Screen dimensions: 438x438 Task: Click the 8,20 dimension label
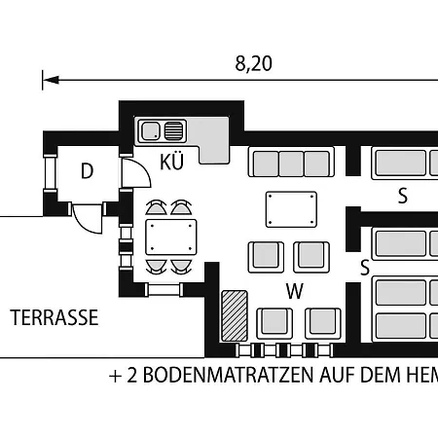253,63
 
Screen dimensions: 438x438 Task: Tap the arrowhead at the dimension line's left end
51,80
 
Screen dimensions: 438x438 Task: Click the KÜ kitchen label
171,162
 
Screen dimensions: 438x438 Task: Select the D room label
87,171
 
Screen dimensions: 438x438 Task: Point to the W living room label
295,291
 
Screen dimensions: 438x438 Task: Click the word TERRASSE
55,317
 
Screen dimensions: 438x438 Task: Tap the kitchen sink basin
150,131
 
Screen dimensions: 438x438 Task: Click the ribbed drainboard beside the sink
174,131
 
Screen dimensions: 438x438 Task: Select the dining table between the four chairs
171,237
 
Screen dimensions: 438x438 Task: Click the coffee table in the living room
291,209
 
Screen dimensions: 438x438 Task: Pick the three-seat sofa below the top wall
291,163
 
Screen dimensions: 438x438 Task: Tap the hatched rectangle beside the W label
235,315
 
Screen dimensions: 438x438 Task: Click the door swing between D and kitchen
136,173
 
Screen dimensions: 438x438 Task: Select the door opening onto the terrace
88,219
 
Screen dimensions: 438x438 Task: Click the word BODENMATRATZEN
229,375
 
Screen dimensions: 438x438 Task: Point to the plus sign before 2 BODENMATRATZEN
116,377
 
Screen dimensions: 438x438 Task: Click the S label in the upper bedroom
403,196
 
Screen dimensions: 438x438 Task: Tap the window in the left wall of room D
51,173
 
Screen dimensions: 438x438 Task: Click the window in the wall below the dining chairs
164,289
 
